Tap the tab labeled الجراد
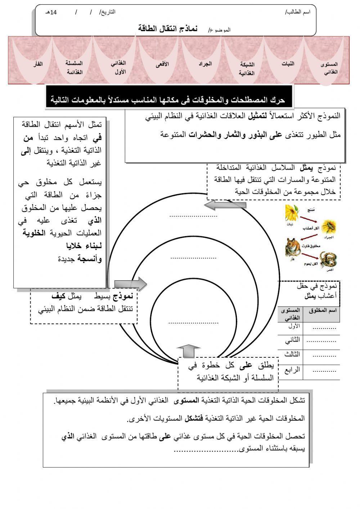pyautogui.click(x=205, y=64)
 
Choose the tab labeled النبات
pyautogui.click(x=288, y=64)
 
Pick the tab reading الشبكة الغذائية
pyautogui.click(x=247, y=68)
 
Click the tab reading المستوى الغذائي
pyautogui.click(x=329, y=68)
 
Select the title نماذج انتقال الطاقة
pyautogui.click(x=167, y=28)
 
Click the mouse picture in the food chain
pyautogui.click(x=293, y=247)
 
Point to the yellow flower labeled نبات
pyautogui.click(x=291, y=213)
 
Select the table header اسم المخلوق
pyautogui.click(x=321, y=310)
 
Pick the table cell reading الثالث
pyautogui.click(x=292, y=354)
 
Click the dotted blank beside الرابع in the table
pyautogui.click(x=324, y=370)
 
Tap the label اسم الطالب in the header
pyautogui.click(x=298, y=12)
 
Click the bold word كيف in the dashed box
pyautogui.click(x=58, y=296)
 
